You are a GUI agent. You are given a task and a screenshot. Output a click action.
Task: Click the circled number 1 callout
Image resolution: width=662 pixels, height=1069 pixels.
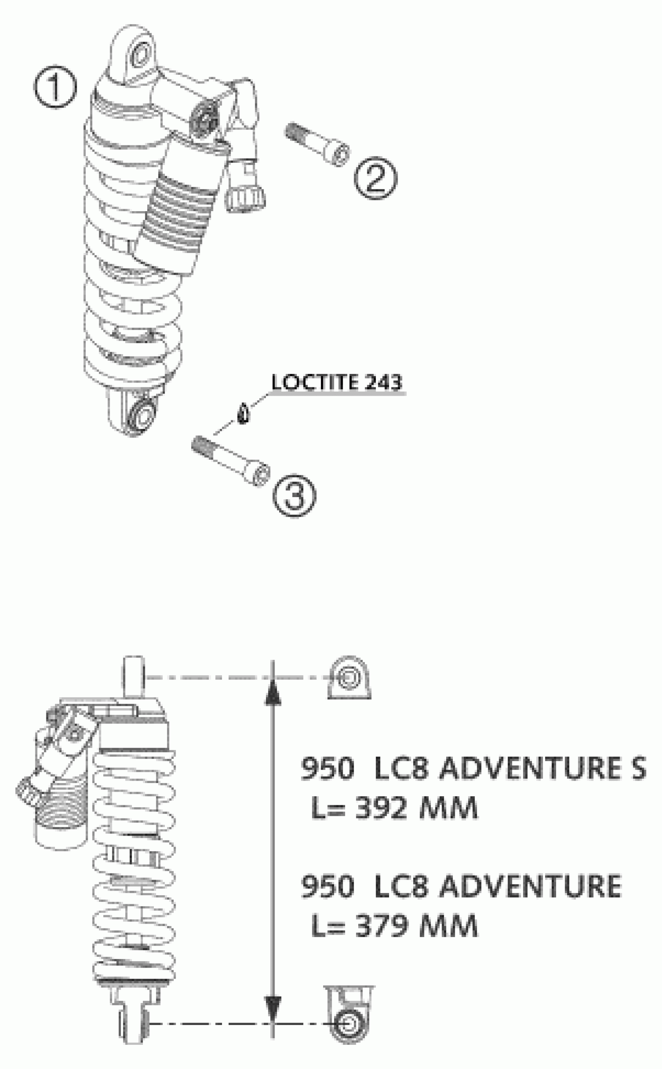click(55, 87)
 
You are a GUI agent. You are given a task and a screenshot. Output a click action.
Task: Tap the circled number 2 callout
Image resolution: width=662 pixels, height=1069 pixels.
click(376, 179)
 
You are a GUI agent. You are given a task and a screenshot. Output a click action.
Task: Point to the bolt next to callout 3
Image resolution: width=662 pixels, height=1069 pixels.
click(231, 460)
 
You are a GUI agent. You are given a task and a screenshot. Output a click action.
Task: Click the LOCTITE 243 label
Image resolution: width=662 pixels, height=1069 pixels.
click(336, 382)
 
